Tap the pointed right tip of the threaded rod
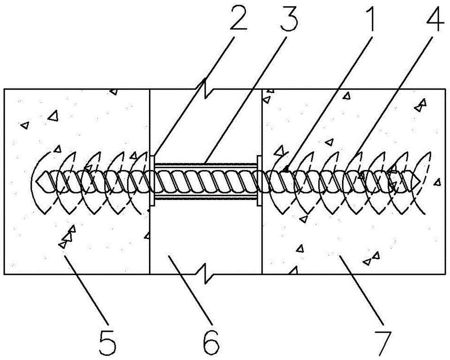(x=419, y=180)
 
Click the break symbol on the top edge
(x=206, y=89)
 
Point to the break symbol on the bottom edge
(x=206, y=274)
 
